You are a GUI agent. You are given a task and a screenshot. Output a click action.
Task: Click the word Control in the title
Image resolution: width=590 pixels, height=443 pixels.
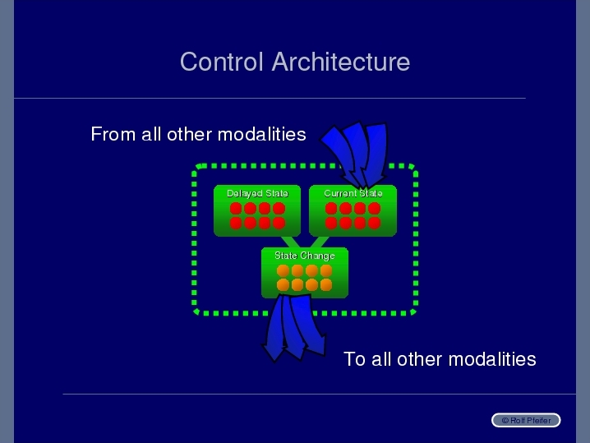(222, 62)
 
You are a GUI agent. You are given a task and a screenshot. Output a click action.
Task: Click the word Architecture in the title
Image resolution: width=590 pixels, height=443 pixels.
(341, 62)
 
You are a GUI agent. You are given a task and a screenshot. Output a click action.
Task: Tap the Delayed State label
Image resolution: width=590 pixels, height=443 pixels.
(257, 193)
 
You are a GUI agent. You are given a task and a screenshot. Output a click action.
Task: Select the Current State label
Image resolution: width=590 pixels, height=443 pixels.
(353, 193)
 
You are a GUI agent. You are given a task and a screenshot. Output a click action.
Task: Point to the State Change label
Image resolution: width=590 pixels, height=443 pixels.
(305, 256)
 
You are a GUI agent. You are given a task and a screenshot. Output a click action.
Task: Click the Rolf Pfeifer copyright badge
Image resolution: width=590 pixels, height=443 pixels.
(526, 420)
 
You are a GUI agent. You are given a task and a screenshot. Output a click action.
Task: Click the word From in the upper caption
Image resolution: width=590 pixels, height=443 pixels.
(113, 134)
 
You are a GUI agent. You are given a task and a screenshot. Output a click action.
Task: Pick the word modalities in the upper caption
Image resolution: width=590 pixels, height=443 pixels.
(262, 134)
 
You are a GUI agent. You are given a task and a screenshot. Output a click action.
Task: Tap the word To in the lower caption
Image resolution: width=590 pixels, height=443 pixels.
(354, 359)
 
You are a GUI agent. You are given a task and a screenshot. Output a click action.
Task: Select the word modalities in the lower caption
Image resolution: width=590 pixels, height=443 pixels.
(492, 359)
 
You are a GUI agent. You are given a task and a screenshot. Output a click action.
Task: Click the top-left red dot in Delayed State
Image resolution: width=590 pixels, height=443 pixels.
(236, 209)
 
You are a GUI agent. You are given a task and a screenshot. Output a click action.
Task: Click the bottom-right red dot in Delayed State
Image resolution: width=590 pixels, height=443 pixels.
(279, 223)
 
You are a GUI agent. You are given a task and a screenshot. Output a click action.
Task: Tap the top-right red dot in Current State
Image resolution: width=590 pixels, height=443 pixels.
(374, 209)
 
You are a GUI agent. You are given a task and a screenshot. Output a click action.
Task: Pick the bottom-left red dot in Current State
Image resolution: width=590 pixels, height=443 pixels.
(331, 223)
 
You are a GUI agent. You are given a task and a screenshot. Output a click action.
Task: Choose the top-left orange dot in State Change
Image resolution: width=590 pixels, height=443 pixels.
(283, 270)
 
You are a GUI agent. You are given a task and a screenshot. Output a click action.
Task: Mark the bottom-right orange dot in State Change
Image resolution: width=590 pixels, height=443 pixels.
(326, 285)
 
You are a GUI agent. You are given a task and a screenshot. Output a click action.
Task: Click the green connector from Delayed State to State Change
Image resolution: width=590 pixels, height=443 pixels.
(291, 242)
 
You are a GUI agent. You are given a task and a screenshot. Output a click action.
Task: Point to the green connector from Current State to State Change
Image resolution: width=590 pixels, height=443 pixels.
(319, 242)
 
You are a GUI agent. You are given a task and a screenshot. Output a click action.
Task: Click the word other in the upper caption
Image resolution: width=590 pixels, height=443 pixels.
(189, 134)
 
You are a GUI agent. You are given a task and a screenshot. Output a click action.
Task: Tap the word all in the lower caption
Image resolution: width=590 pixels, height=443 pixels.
(381, 359)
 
